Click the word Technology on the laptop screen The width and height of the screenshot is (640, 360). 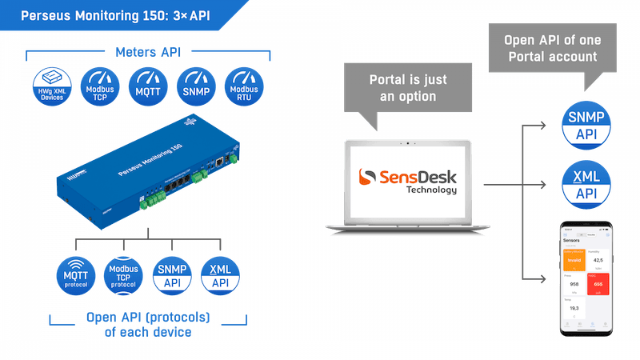pos(432,190)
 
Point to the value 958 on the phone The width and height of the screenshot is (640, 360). pos(573,283)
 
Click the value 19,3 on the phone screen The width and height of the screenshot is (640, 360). pos(573,308)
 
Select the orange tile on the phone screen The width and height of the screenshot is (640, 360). pos(573,259)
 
